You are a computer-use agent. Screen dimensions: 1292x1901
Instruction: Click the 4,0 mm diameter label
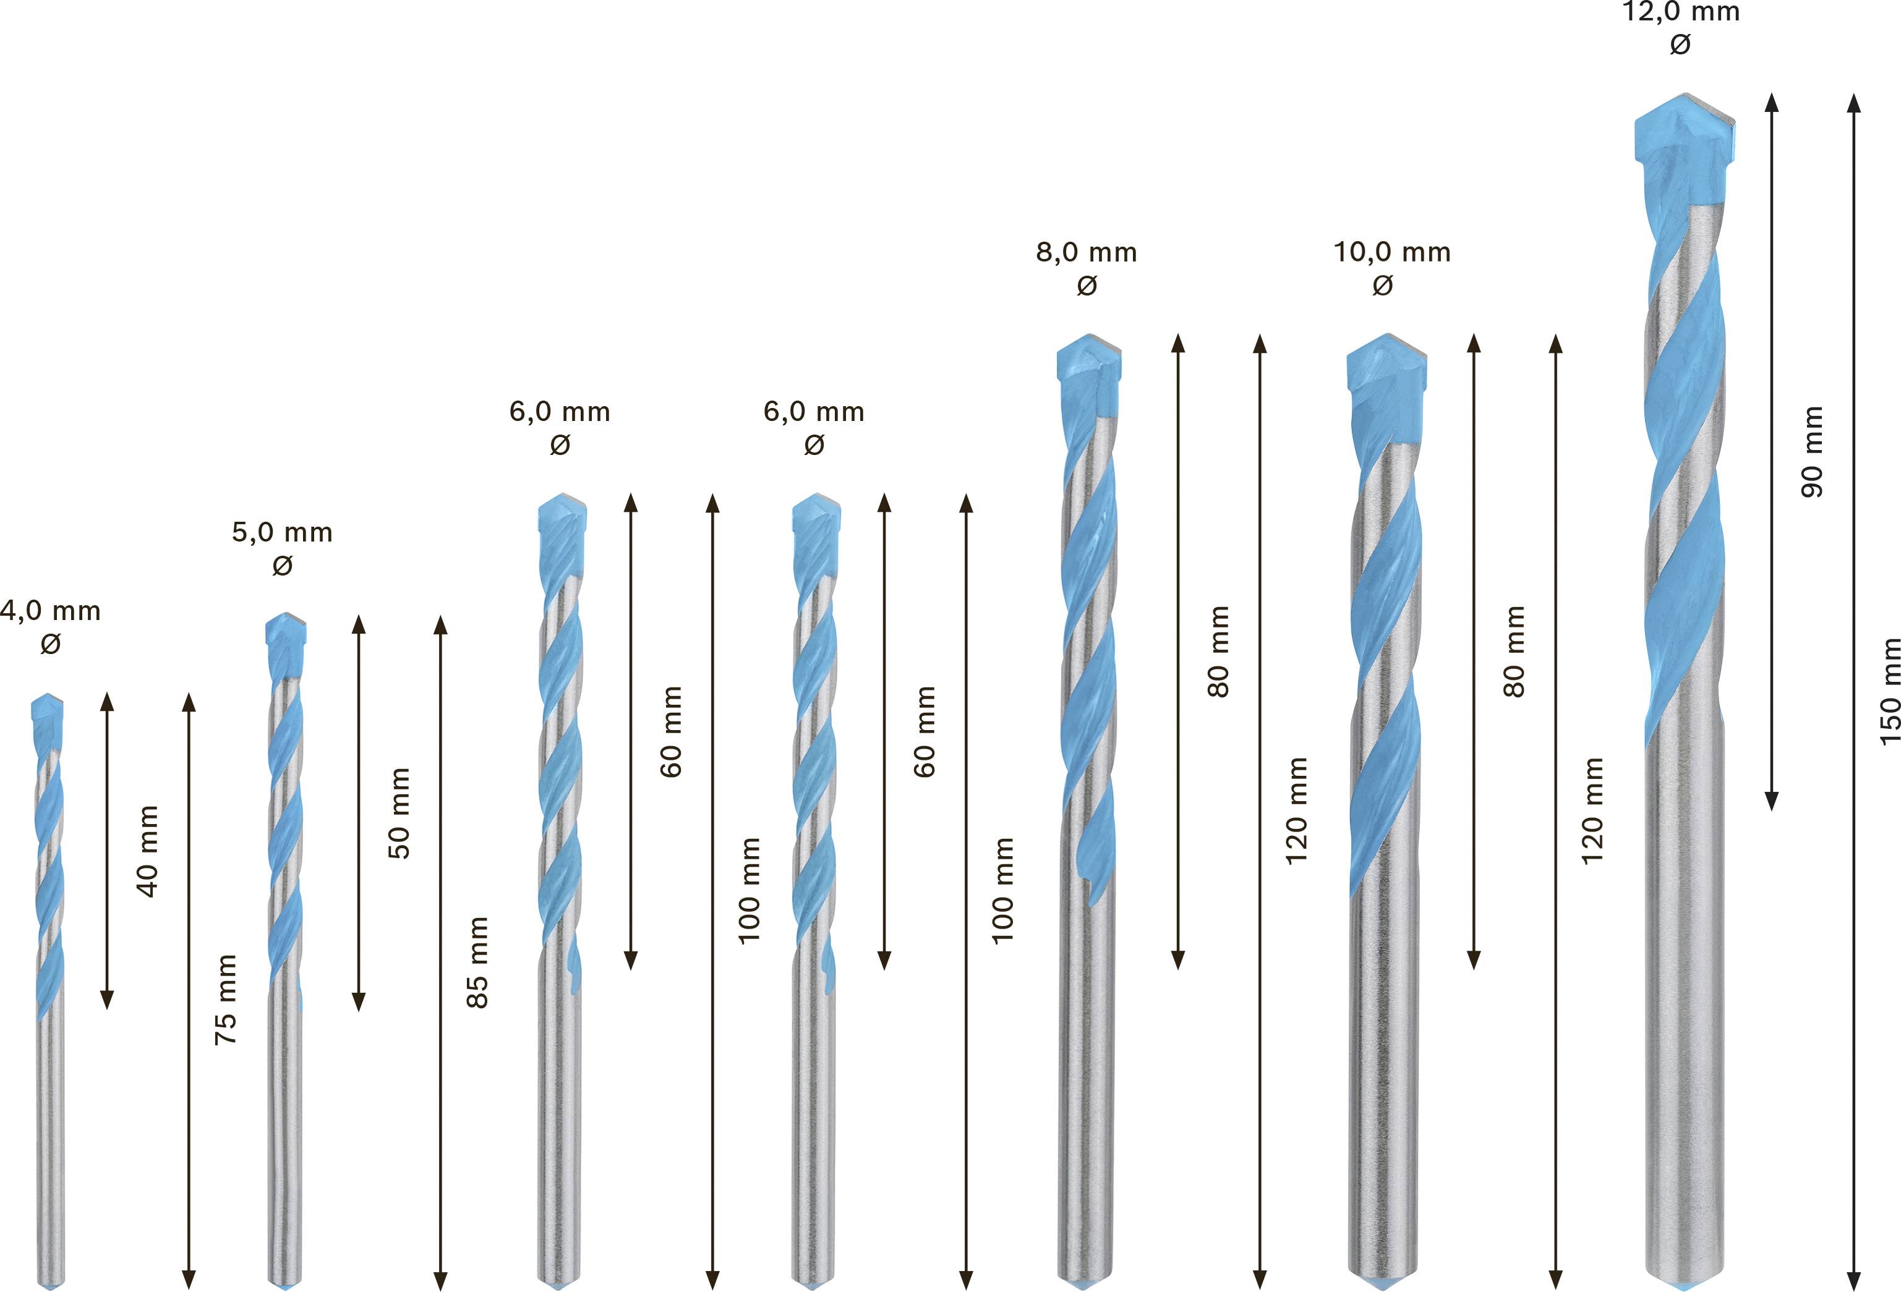51,611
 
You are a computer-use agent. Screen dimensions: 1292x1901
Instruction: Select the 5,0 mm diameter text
282,532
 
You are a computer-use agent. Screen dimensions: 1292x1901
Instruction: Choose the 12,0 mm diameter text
1681,13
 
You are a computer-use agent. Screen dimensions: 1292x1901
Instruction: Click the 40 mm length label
148,851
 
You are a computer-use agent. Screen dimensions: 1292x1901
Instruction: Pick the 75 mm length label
226,999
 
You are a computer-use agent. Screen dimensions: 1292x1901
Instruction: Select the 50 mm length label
398,813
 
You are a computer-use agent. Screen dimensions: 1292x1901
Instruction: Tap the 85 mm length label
477,963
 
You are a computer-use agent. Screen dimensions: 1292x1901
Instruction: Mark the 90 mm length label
1813,451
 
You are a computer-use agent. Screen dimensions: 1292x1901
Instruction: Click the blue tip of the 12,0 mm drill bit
1684,131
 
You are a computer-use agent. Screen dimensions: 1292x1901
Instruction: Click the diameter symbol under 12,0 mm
1680,45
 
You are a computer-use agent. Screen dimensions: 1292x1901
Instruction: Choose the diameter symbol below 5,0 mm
282,565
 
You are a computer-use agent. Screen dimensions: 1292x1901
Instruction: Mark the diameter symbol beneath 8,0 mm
1087,286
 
